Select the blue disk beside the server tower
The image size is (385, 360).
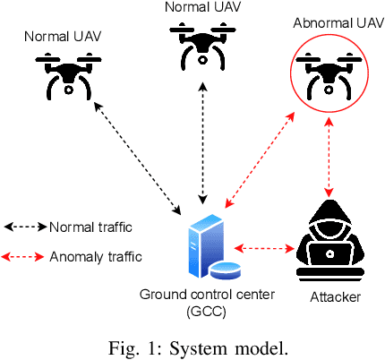click(x=225, y=269)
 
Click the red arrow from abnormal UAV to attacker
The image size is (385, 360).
click(x=330, y=159)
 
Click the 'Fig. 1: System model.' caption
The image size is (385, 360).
click(x=192, y=344)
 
